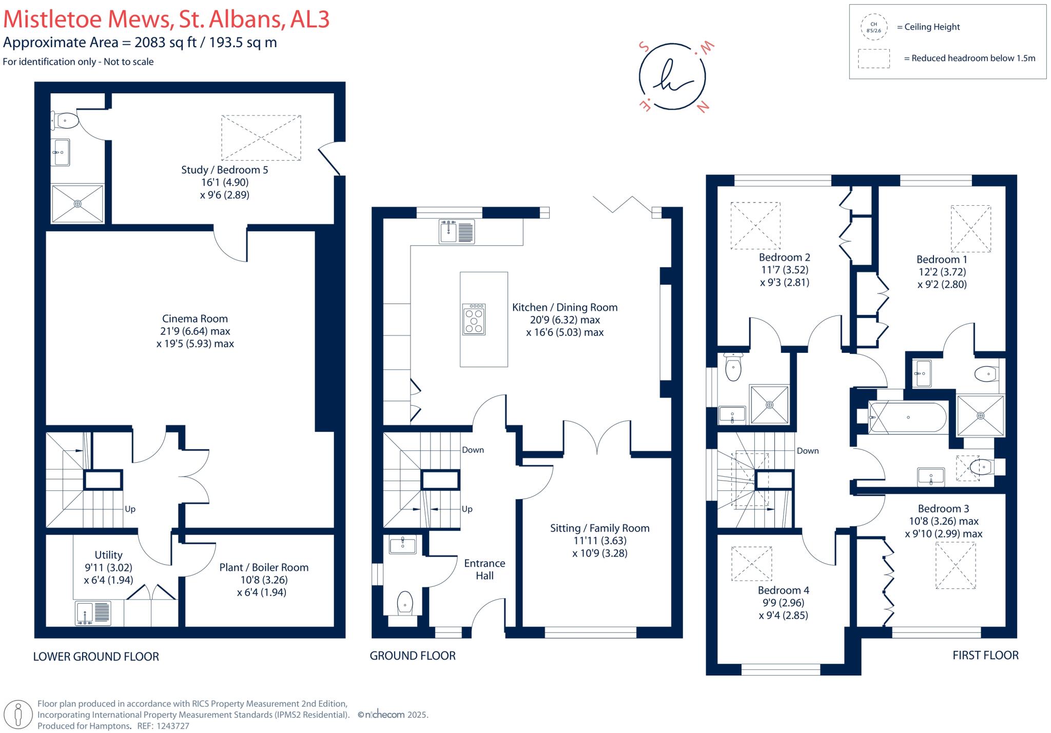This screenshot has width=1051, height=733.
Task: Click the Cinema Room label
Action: click(195, 319)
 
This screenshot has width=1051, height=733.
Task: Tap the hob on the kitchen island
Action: click(474, 320)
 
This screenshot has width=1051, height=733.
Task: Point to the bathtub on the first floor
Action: click(907, 417)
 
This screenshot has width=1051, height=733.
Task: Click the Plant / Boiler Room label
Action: click(264, 567)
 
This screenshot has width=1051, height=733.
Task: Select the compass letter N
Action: click(703, 107)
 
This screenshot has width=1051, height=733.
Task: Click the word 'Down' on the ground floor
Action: click(473, 450)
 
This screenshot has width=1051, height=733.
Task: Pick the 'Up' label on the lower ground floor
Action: click(130, 509)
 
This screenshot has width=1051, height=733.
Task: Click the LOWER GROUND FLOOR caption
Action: click(96, 657)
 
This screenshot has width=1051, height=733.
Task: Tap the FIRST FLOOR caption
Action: click(985, 655)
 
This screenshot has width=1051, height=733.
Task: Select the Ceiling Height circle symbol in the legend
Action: click(873, 27)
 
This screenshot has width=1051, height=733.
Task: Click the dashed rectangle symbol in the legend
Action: click(873, 58)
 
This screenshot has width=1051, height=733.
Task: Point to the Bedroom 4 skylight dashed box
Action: click(751, 564)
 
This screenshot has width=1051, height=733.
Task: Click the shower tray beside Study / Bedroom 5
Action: click(77, 204)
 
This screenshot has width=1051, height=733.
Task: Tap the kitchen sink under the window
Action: click(457, 231)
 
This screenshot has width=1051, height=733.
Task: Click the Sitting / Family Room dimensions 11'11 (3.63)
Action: click(599, 541)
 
